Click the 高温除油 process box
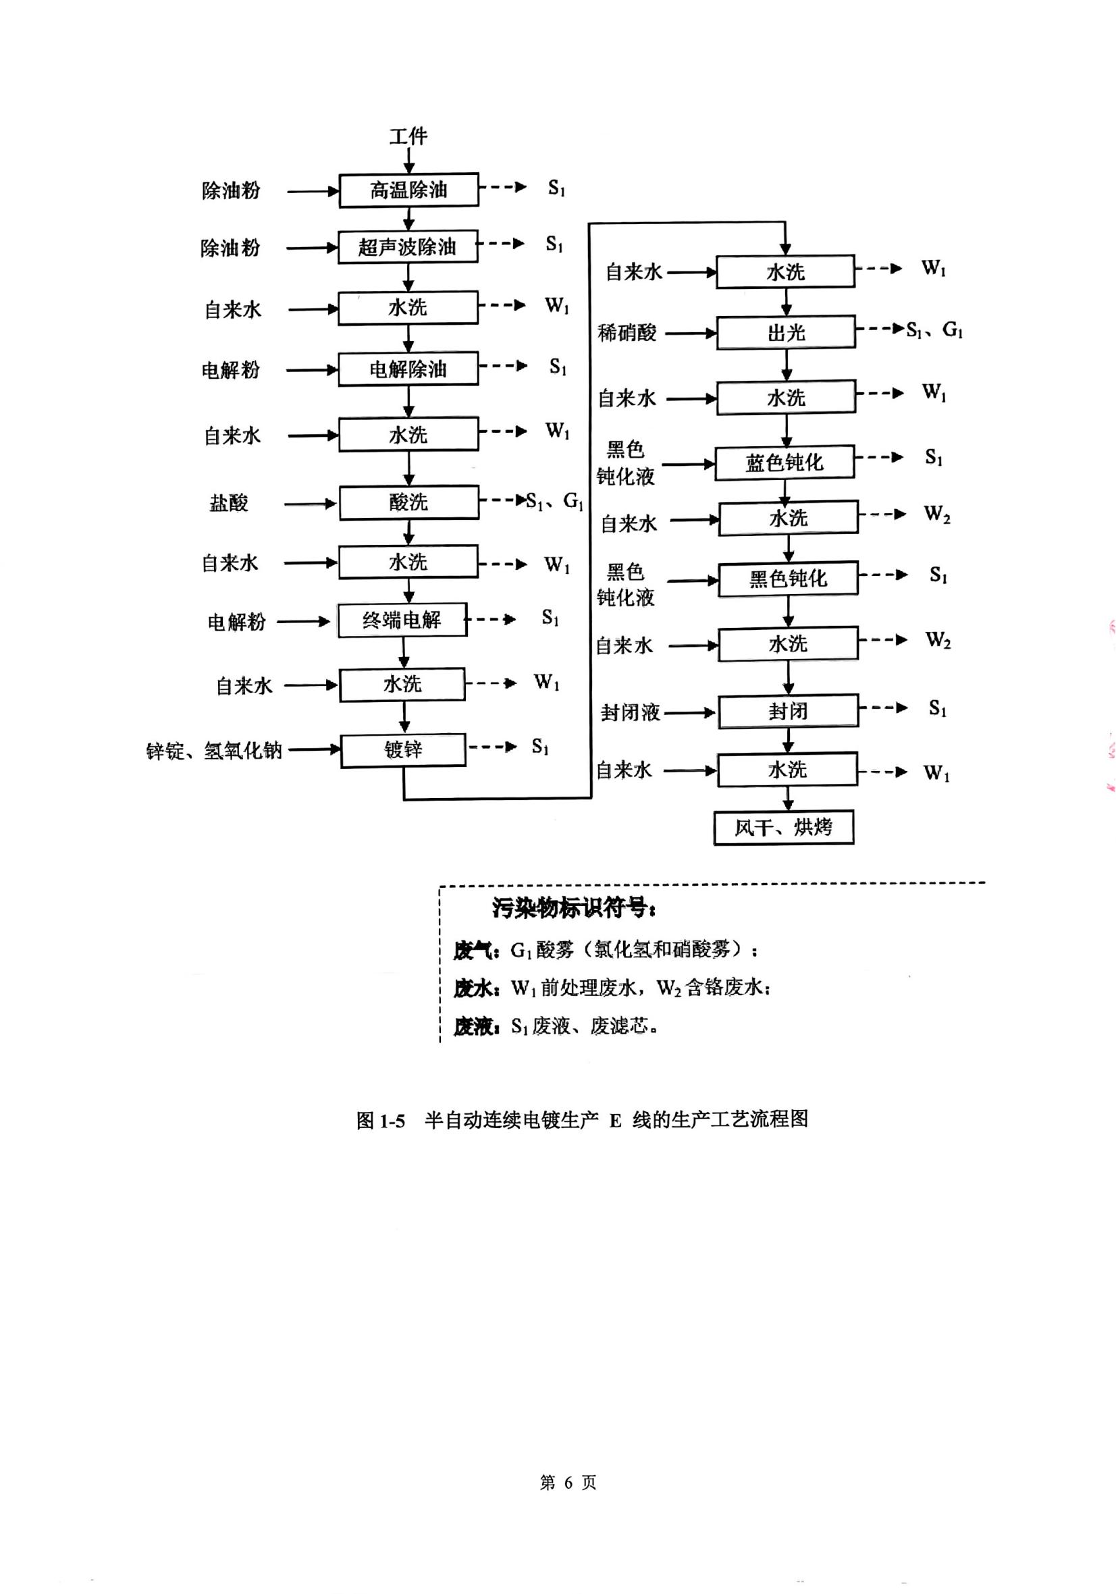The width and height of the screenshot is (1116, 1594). point(408,190)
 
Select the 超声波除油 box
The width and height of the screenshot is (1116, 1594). point(408,246)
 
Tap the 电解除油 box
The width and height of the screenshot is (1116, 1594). point(408,369)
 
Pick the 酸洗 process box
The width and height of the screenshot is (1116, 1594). point(408,502)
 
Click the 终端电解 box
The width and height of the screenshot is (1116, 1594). point(402,619)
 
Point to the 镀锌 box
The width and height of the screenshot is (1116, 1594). point(403,750)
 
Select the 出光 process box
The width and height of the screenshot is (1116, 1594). point(785,334)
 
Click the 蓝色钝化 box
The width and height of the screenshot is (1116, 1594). point(785,462)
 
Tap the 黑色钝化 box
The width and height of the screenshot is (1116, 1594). point(787,579)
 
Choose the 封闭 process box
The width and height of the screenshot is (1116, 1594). point(787,711)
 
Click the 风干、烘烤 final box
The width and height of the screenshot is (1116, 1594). point(783,827)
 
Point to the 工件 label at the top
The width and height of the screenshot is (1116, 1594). point(408,136)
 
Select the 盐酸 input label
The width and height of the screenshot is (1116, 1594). point(229,502)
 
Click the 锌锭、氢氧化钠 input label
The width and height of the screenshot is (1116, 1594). point(214,751)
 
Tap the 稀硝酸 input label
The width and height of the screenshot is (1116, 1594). point(627,334)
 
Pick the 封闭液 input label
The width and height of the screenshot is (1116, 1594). point(630,712)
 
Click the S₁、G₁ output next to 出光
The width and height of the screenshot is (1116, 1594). point(934,329)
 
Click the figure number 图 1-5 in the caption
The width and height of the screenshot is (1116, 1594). point(380,1120)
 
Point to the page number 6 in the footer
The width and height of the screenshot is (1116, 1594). point(568,1482)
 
